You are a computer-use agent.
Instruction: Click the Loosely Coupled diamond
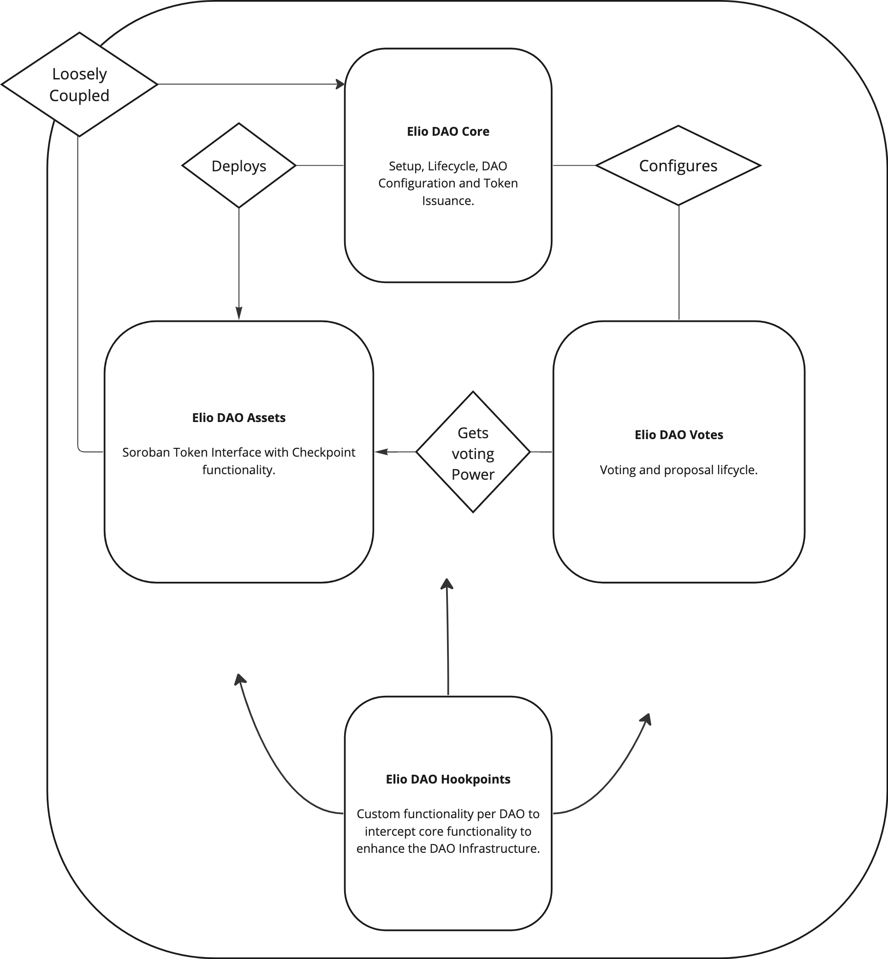[x=79, y=84]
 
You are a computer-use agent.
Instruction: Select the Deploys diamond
[x=239, y=166]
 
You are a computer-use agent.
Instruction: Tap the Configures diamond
[x=678, y=166]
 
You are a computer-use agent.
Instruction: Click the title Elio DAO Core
[x=448, y=131]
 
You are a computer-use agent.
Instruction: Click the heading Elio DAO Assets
[x=239, y=417]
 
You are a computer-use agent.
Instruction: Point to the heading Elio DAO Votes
[x=679, y=435]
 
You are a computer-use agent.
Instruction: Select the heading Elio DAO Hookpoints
[x=448, y=779]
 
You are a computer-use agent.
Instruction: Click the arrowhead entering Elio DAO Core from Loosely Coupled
[x=341, y=84]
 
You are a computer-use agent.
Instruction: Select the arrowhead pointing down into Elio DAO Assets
[x=239, y=314]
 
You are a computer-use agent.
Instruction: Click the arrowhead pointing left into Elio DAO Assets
[x=381, y=452]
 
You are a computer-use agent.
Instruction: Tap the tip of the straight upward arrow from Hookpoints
[x=447, y=583]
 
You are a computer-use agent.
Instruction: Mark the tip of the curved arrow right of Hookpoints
[x=648, y=718]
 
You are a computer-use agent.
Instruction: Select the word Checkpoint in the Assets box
[x=323, y=452]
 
